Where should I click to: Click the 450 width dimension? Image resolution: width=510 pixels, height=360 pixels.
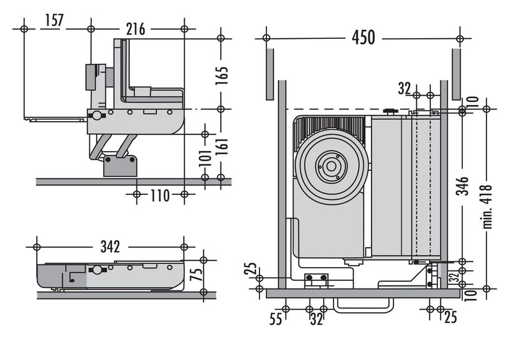pos(363,38)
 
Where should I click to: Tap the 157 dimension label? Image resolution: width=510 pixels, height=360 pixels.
pos(54,21)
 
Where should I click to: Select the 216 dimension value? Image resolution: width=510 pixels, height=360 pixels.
pos(135,29)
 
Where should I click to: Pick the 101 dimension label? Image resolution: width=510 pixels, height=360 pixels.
pos(205,156)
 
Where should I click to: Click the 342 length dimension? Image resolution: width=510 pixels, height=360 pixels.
pos(110,246)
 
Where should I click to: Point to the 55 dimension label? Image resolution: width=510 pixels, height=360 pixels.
pos(275,319)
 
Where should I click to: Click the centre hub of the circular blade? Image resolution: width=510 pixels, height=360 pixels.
pos(330,166)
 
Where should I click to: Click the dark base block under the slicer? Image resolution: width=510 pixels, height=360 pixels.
pos(120,165)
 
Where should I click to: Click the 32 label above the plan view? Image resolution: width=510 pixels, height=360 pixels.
pos(404,89)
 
